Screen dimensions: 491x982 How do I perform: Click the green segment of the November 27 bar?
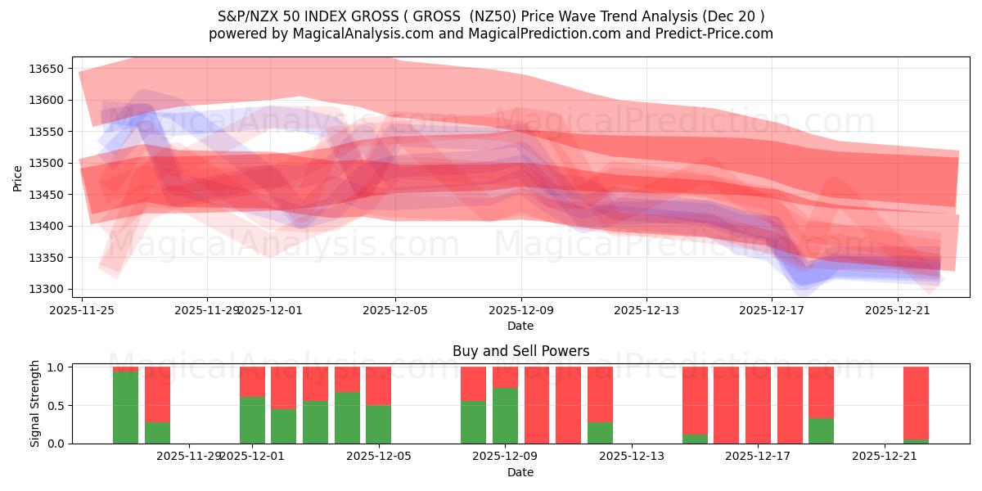125,408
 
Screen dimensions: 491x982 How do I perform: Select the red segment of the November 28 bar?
157,394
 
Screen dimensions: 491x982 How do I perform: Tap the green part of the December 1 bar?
252,420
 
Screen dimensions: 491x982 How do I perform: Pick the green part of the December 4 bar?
347,417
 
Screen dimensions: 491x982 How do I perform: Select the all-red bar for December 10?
537,405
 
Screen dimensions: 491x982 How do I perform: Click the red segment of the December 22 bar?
916,403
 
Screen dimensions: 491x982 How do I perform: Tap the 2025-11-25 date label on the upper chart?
82,310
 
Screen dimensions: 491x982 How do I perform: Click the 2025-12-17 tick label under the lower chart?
757,456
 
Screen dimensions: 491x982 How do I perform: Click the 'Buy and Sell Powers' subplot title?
520,351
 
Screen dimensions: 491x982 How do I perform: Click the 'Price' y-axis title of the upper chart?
17,178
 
